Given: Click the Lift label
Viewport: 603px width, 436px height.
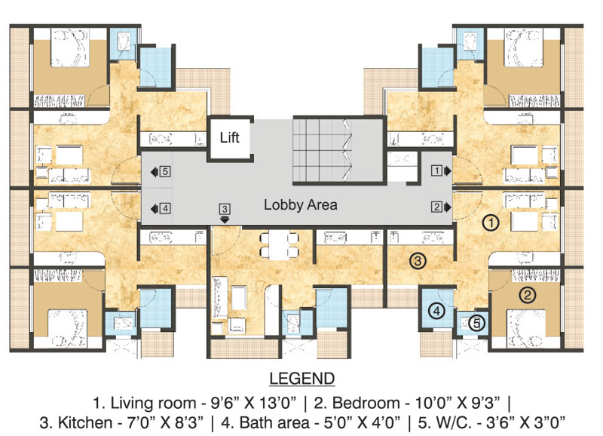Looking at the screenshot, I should click(x=229, y=138).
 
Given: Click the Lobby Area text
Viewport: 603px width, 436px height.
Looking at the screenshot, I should click(x=300, y=204).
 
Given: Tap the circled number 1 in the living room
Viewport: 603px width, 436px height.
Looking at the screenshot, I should click(x=491, y=223).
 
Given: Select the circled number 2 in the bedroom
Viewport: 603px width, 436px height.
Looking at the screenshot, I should click(x=528, y=295).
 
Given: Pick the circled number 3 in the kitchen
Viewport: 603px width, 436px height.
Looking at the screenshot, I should click(x=418, y=261).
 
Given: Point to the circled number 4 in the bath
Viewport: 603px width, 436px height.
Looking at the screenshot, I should click(x=438, y=310).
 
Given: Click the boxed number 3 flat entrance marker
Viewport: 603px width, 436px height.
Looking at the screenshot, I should click(x=224, y=208).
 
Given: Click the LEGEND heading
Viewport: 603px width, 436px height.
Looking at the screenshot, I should click(x=301, y=377).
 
